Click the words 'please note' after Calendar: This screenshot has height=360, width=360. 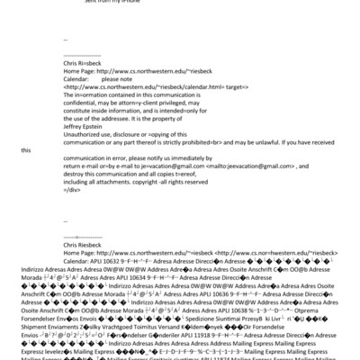116,70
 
